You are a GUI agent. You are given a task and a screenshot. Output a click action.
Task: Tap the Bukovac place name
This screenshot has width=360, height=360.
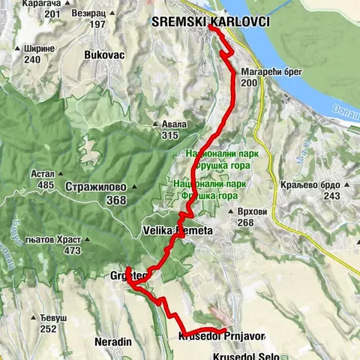click(x=105, y=55)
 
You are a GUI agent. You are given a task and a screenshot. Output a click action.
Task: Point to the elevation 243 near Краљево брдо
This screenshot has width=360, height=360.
click(x=332, y=196)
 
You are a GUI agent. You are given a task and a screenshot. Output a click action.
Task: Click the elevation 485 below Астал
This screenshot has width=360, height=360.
click(x=44, y=184)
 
